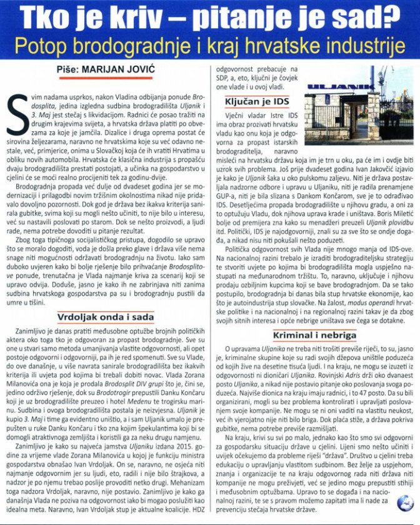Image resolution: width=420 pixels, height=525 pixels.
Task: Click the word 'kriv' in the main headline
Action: pyautogui.click(x=132, y=17)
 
